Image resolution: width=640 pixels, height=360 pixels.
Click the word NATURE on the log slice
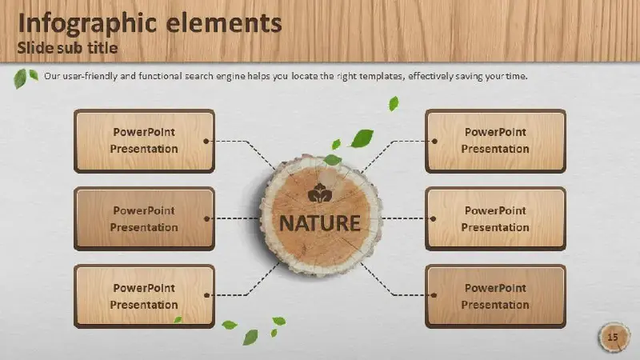coord(319,223)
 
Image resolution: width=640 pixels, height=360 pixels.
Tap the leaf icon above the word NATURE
coord(320,194)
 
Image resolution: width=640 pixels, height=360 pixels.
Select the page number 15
coord(613,337)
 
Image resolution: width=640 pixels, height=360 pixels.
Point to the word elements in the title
coord(224,23)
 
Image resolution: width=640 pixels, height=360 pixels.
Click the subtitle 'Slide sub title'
coord(67,48)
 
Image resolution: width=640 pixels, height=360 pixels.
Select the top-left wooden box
coord(144,141)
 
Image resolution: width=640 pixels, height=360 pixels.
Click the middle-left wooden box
coord(144,218)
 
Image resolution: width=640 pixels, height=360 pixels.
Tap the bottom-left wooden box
coord(144,296)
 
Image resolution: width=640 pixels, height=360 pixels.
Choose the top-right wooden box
coord(495,141)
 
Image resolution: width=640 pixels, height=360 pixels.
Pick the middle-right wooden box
coord(495,218)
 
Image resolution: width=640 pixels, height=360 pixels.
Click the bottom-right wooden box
coord(495,296)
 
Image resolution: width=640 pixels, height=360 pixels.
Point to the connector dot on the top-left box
coord(206,142)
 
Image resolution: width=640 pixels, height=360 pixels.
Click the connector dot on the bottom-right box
coord(434,295)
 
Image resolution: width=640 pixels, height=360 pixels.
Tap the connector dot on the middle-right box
coord(433,218)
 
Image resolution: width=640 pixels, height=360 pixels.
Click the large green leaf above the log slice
coord(362,138)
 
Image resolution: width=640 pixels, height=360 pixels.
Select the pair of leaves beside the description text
coord(26,78)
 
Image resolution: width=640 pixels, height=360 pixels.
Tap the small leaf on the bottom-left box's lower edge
coord(178,319)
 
